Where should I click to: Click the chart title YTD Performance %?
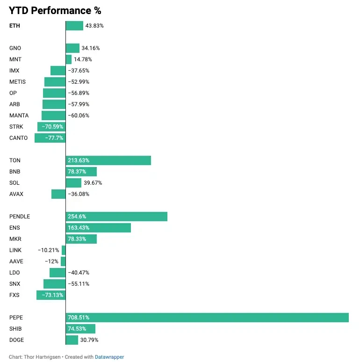click(x=55, y=10)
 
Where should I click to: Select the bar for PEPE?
click(x=207, y=318)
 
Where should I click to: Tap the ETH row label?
click(x=14, y=26)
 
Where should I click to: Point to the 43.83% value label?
click(x=94, y=26)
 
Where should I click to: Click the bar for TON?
click(x=108, y=160)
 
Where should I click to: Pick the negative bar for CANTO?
click(x=50, y=138)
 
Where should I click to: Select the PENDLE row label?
click(x=20, y=217)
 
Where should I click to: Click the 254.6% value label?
click(x=77, y=217)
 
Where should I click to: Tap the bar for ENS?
click(x=98, y=228)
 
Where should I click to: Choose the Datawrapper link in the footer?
click(x=109, y=357)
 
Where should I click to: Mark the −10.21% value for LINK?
click(x=49, y=250)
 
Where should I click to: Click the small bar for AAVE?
click(x=63, y=261)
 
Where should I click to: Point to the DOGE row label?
click(x=16, y=340)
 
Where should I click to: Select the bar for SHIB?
click(x=80, y=329)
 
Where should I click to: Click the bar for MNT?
click(x=69, y=59)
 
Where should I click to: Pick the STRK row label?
click(x=16, y=127)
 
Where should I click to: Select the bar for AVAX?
click(x=58, y=194)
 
